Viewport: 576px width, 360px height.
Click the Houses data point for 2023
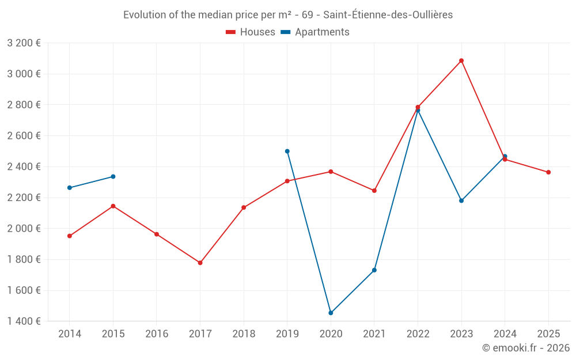[x=461, y=60]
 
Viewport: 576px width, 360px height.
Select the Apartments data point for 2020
[x=331, y=313]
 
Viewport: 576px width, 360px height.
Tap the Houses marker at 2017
[x=200, y=263]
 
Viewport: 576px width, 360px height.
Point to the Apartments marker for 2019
[x=287, y=151]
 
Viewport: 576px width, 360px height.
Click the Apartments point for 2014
[x=69, y=188]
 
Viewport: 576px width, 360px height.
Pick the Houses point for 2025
[x=548, y=172]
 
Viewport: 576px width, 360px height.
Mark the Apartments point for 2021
[x=374, y=270]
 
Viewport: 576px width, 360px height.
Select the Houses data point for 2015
[x=113, y=206]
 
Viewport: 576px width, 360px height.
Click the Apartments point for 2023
[x=461, y=200]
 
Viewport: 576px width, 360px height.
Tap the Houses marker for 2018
[x=244, y=207]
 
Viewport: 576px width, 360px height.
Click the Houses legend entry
[x=251, y=32]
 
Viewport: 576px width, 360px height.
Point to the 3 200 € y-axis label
[x=24, y=43]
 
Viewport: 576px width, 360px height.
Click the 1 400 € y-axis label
[x=24, y=321]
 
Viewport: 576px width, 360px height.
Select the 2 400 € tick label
[x=24, y=166]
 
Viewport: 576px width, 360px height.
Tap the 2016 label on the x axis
[x=157, y=334]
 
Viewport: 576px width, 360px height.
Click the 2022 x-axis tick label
[x=418, y=334]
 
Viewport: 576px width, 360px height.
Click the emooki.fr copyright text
[x=526, y=348]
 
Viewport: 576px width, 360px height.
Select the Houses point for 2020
[x=331, y=172]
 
